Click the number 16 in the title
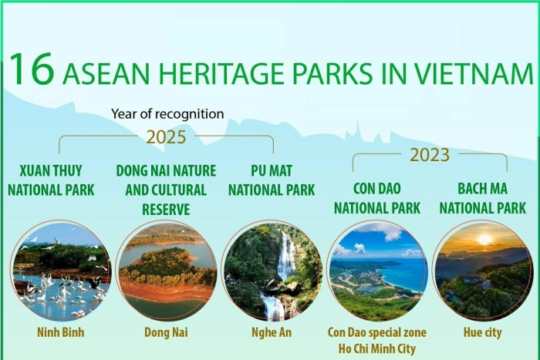(32, 71)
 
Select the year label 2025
(166, 137)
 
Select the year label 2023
(430, 155)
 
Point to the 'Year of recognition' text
(167, 114)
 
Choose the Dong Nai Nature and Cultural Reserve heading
(166, 189)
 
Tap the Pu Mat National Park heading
(272, 179)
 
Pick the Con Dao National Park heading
(376, 197)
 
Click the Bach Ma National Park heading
(481, 197)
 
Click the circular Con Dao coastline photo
(376, 270)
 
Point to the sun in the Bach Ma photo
(484, 240)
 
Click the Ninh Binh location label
(60, 332)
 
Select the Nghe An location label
(272, 332)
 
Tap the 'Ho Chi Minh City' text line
(376, 348)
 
